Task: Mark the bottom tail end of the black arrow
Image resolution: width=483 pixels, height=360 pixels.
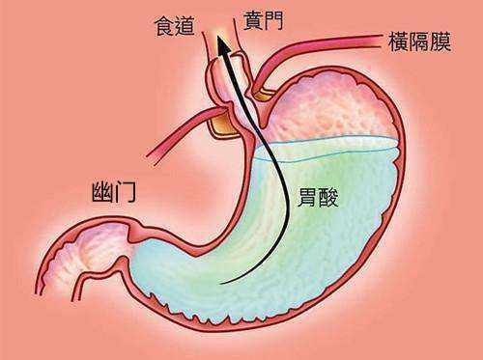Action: [224, 285]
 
